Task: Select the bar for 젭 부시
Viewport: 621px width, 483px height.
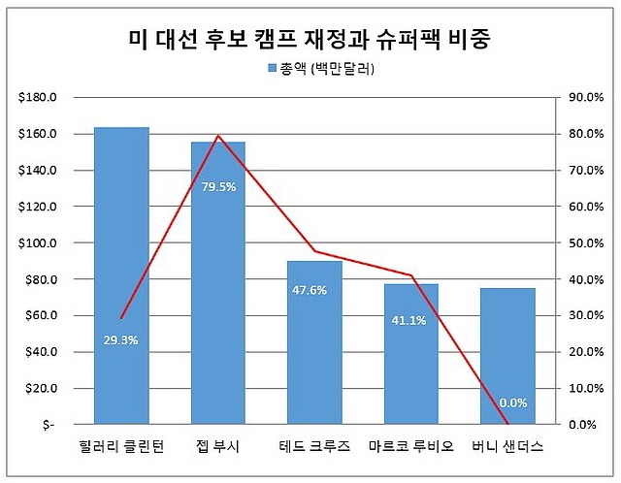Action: click(217, 291)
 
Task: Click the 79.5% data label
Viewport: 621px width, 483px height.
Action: click(217, 187)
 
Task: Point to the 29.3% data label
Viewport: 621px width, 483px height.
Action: click(121, 340)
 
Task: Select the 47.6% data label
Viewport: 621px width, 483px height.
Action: click(310, 289)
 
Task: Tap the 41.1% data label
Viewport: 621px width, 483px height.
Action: click(408, 321)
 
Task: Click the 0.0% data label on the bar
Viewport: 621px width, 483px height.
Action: click(512, 402)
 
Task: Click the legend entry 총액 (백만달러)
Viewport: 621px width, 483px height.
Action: click(319, 69)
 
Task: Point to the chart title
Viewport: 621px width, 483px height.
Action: click(310, 39)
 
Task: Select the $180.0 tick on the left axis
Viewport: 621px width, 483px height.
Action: click(38, 97)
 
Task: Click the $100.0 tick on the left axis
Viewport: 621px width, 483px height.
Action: click(38, 242)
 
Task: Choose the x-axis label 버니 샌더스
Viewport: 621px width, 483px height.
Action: click(507, 447)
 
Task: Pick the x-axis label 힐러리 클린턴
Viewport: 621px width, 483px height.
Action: click(121, 447)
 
